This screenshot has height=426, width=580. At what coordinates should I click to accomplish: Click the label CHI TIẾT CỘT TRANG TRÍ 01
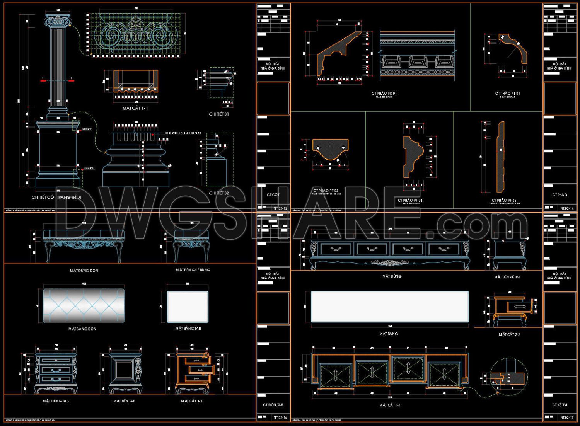(x=56, y=197)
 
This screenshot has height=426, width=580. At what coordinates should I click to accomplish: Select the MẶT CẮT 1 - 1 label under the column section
(x=136, y=108)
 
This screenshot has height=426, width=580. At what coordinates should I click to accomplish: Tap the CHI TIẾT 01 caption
(x=219, y=114)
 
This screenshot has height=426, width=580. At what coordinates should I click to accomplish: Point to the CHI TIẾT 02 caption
(x=219, y=193)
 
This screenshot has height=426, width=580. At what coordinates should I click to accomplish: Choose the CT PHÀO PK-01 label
(x=384, y=94)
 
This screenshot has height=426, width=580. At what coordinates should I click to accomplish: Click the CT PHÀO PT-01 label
(x=507, y=94)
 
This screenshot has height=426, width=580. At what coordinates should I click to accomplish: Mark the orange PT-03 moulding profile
(x=331, y=149)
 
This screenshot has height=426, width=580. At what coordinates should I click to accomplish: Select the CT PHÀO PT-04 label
(x=410, y=200)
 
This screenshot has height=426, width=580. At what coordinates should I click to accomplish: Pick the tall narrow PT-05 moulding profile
(x=501, y=157)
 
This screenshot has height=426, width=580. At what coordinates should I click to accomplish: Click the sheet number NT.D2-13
(x=280, y=208)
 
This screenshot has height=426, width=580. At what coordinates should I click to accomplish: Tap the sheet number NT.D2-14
(x=567, y=208)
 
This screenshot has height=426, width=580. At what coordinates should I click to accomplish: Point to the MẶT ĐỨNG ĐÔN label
(x=84, y=271)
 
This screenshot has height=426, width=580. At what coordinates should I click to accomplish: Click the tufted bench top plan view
(x=84, y=305)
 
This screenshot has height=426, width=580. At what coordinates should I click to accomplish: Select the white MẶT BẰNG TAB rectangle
(x=188, y=307)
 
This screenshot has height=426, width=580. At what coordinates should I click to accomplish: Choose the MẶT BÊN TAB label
(x=124, y=401)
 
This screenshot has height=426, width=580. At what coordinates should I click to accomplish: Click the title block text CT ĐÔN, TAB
(x=273, y=405)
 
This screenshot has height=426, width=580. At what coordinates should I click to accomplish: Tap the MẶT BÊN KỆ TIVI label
(x=507, y=277)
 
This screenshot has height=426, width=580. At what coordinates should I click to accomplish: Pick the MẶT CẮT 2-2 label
(x=509, y=334)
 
